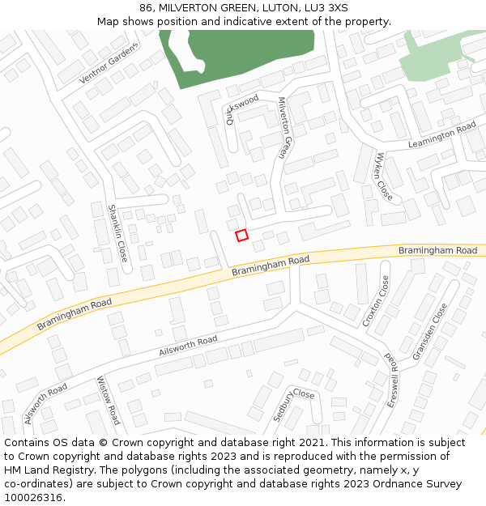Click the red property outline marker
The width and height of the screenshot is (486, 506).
241,235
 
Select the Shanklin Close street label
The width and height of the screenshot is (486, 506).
117,233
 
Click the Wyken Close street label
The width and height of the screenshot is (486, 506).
383,176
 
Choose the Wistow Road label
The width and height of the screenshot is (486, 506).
109,400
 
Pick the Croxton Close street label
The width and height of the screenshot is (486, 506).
376,301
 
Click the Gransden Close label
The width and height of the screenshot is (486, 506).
429,332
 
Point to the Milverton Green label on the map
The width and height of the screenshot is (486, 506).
283,127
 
